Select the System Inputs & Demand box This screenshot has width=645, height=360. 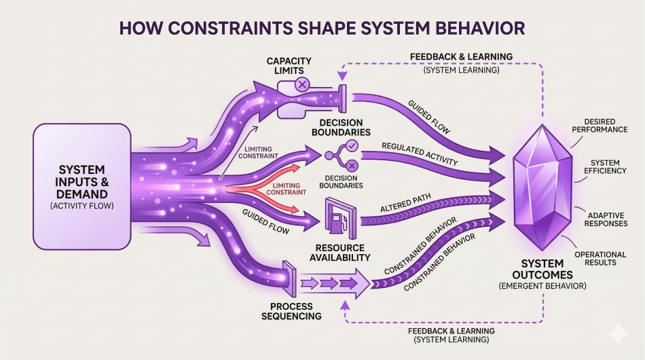[x=81, y=185]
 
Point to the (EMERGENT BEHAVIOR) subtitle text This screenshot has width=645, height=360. [x=547, y=286]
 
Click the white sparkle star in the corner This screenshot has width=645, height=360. [x=618, y=334]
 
